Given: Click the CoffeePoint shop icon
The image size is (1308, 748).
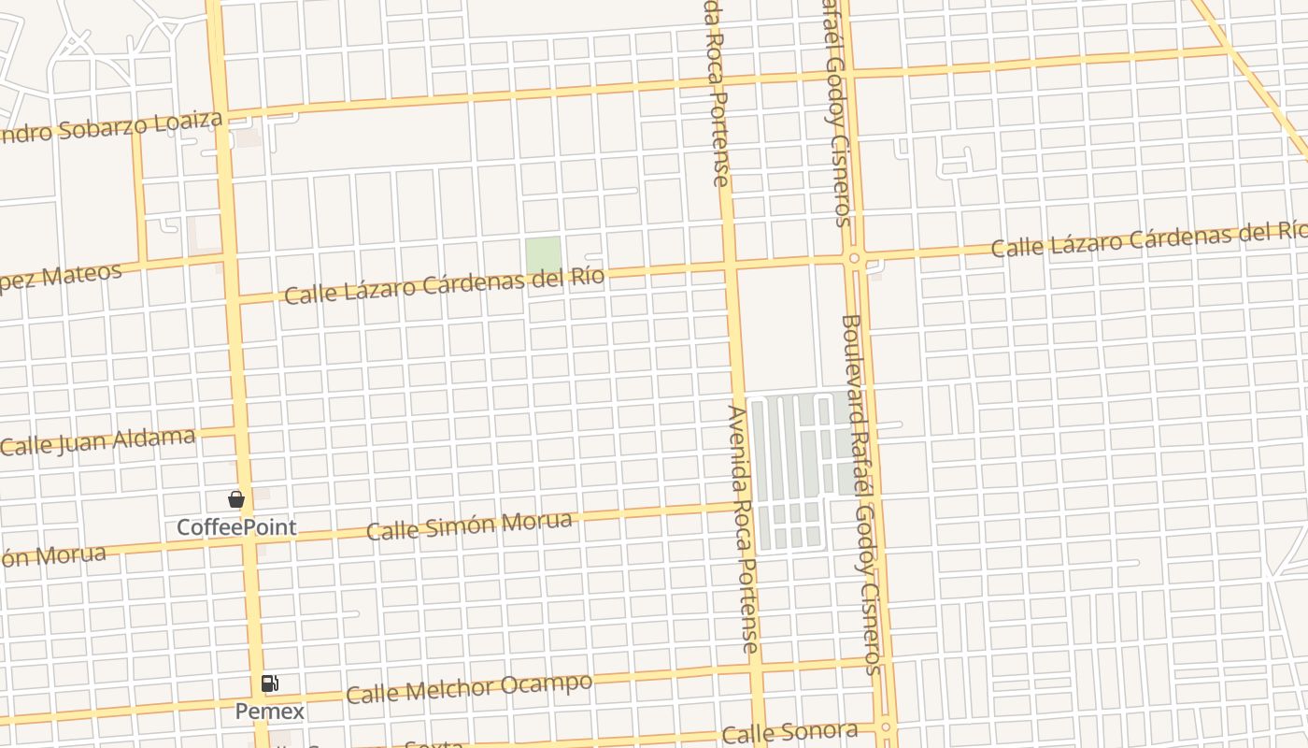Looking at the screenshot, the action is coord(236,500).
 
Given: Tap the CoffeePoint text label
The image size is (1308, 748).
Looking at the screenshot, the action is coord(236,527).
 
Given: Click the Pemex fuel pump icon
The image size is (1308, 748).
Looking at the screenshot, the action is coord(269,683).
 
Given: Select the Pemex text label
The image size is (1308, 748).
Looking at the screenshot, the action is coord(269,712).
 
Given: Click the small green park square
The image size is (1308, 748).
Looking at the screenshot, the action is coord(543,255).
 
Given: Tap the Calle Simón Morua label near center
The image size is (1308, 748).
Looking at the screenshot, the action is coord(468,525).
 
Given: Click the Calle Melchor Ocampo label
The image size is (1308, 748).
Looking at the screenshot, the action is coord(468,689).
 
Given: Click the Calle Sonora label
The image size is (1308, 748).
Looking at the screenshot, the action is coord(789,732).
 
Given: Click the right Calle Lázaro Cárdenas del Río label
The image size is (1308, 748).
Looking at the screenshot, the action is coord(1149,240).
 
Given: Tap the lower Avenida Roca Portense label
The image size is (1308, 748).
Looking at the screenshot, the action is coord(744,528).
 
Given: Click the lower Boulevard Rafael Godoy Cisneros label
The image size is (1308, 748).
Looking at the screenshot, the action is coord(861,494).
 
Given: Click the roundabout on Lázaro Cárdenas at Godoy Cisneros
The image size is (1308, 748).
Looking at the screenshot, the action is coord(854,257).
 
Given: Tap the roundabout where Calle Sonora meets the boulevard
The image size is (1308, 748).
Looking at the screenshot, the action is coord(885,726).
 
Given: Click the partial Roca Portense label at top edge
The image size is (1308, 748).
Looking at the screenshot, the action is coord(717,93).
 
